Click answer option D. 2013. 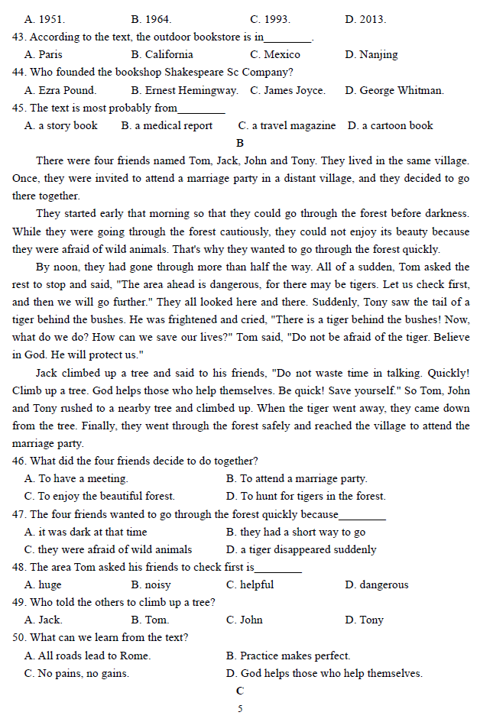365,19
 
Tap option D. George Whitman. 394,90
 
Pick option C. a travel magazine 287,125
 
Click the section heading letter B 240,143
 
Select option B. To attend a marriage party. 297,478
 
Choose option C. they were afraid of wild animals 108,549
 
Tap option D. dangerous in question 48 376,584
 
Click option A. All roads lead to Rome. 87,656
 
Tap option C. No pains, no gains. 76,673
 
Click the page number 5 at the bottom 240,708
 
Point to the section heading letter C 240,691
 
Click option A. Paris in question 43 44,54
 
